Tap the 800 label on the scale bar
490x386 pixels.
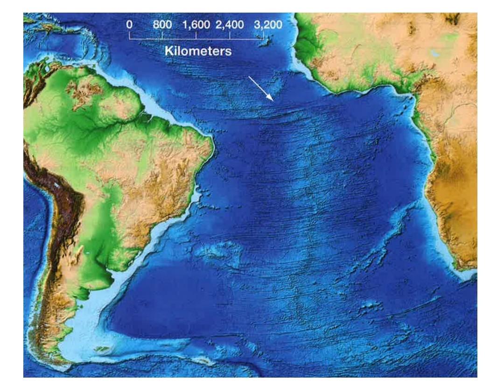[163, 25]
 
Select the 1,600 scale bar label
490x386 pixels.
[197, 25]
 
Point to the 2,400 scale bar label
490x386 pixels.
[230, 25]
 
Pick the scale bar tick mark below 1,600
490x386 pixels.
[196, 35]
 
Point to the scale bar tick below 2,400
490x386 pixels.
[230, 35]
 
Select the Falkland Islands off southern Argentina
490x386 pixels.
[104, 348]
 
